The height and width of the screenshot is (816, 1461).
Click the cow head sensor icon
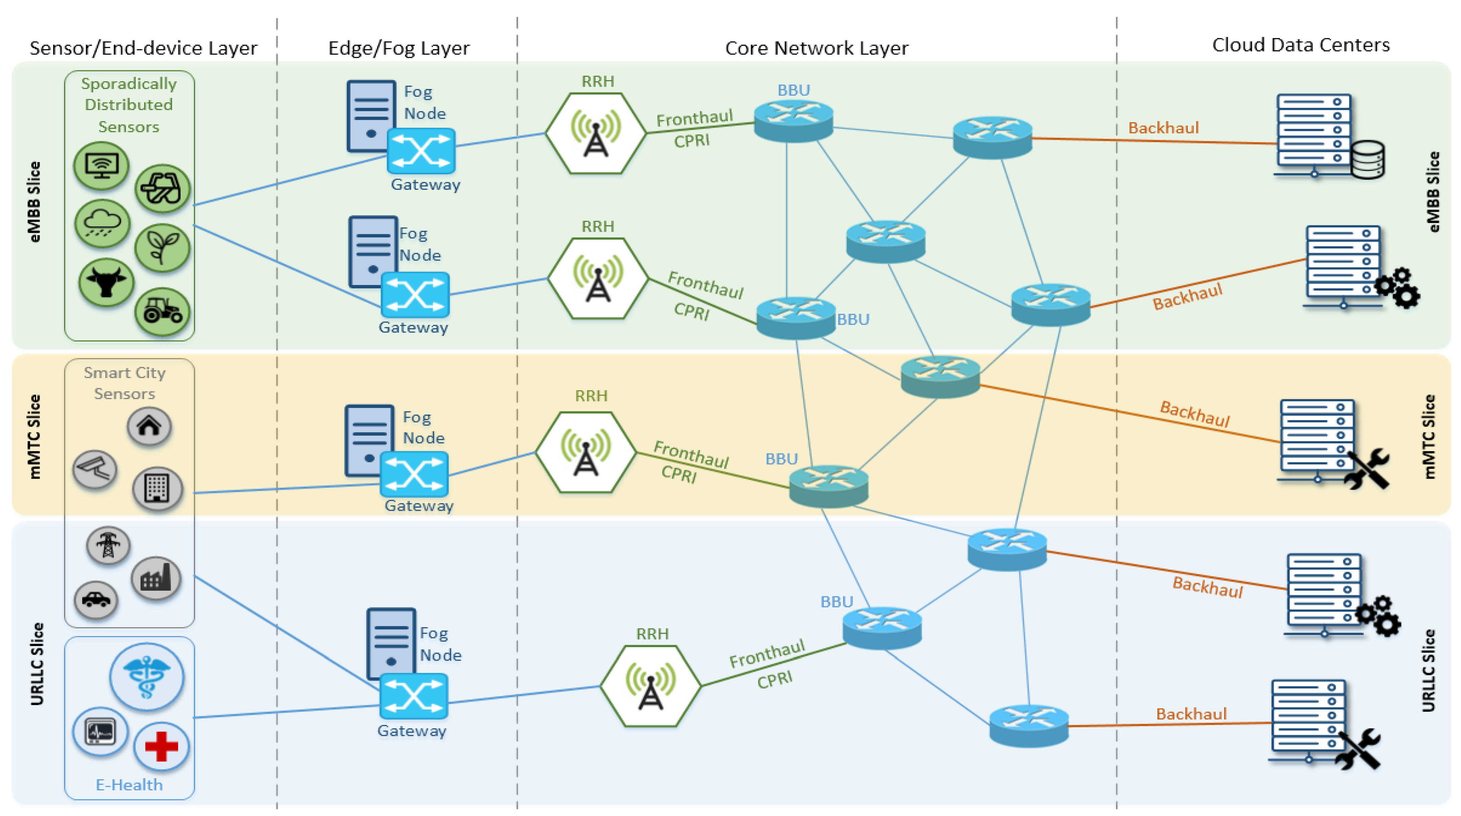[106, 282]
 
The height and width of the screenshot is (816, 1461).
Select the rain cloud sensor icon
[102, 223]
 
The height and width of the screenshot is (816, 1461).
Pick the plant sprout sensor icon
[162, 248]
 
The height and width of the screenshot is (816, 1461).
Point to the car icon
[96, 599]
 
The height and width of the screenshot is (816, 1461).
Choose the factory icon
[156, 578]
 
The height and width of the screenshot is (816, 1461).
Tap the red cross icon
[162, 746]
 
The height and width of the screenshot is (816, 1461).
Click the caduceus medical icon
[147, 677]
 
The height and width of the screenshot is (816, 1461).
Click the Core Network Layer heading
[816, 48]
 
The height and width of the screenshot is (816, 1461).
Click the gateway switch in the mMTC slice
[414, 474]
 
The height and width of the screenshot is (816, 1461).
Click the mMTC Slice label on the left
[34, 437]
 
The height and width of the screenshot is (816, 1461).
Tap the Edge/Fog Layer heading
[399, 48]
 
